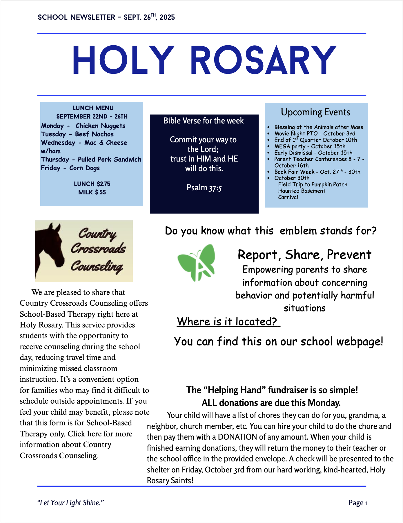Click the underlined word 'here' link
click(x=95, y=434)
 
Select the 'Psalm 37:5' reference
click(x=204, y=188)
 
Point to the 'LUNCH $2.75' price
click(x=92, y=184)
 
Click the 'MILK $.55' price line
click(x=92, y=192)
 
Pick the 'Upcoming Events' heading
click(x=315, y=112)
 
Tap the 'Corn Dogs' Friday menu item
click(x=84, y=168)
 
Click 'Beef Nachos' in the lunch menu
click(x=94, y=134)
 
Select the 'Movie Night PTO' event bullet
click(x=315, y=133)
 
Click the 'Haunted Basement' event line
click(x=302, y=191)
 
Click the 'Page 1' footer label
click(x=358, y=503)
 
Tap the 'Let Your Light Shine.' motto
click(x=70, y=503)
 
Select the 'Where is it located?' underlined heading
click(x=228, y=322)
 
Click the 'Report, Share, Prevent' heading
click(x=304, y=255)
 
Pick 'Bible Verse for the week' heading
click(x=204, y=121)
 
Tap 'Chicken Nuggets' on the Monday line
click(x=100, y=126)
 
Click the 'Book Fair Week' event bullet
click(x=317, y=172)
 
